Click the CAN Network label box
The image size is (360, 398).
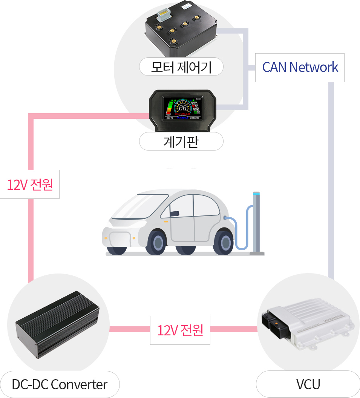(x=300, y=68)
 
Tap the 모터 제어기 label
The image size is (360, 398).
(x=181, y=67)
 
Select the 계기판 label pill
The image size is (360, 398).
(x=181, y=142)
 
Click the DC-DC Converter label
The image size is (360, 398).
(x=60, y=384)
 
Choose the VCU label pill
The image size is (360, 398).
(x=308, y=384)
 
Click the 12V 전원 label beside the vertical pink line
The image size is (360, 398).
(x=30, y=184)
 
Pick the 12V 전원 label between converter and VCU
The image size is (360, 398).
(x=180, y=330)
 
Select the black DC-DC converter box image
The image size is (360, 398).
(x=57, y=323)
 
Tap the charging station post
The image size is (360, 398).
(x=257, y=223)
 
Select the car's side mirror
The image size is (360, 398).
(x=174, y=214)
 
